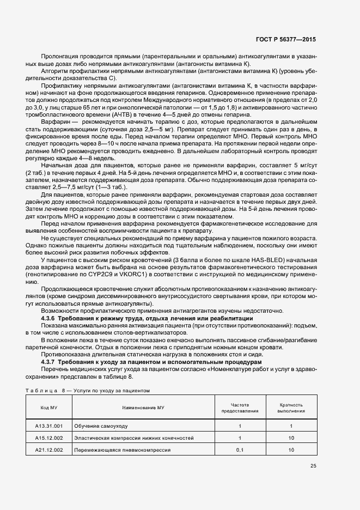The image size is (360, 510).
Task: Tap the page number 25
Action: (x=313, y=466)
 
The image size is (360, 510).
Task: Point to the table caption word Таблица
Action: (x=40, y=391)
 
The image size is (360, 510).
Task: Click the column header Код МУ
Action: (x=50, y=408)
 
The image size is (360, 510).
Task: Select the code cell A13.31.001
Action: (x=50, y=426)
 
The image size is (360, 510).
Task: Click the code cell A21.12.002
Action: (x=50, y=450)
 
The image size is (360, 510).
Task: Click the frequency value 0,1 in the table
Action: (x=240, y=450)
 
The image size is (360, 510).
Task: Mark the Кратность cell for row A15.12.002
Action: (x=291, y=438)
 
